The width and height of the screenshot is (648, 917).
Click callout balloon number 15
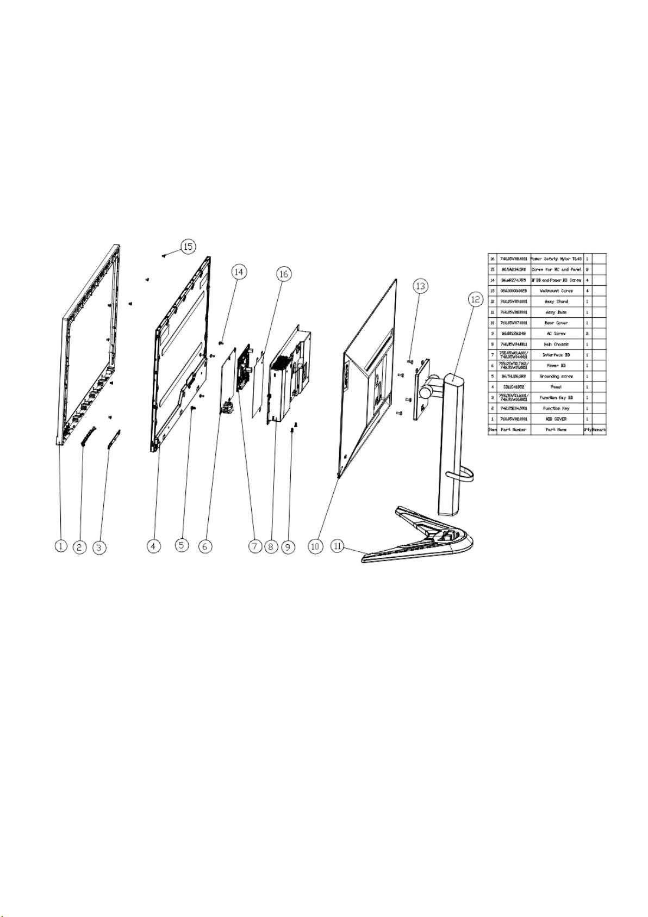point(188,247)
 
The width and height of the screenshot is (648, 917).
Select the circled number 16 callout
point(284,274)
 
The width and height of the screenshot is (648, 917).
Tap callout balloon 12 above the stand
point(476,299)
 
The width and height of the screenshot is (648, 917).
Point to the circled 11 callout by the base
point(338,545)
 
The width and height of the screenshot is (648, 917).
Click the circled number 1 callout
point(60,545)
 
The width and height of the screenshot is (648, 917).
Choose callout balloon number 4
point(154,545)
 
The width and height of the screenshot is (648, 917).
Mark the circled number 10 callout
point(315,546)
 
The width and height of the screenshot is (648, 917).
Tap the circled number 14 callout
point(239,270)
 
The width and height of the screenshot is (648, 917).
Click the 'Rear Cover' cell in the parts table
point(556,323)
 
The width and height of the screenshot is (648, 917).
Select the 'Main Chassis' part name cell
point(556,344)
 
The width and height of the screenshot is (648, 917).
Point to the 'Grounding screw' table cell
point(556,376)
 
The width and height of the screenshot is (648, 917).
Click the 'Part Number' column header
point(513,429)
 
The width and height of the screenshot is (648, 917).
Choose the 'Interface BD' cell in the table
point(556,355)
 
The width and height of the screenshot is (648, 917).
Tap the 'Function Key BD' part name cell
point(556,397)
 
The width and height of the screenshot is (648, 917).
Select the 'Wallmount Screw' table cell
point(556,291)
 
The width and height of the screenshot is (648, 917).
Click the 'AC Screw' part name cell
point(556,333)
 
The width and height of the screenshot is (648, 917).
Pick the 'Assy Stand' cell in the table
point(556,301)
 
